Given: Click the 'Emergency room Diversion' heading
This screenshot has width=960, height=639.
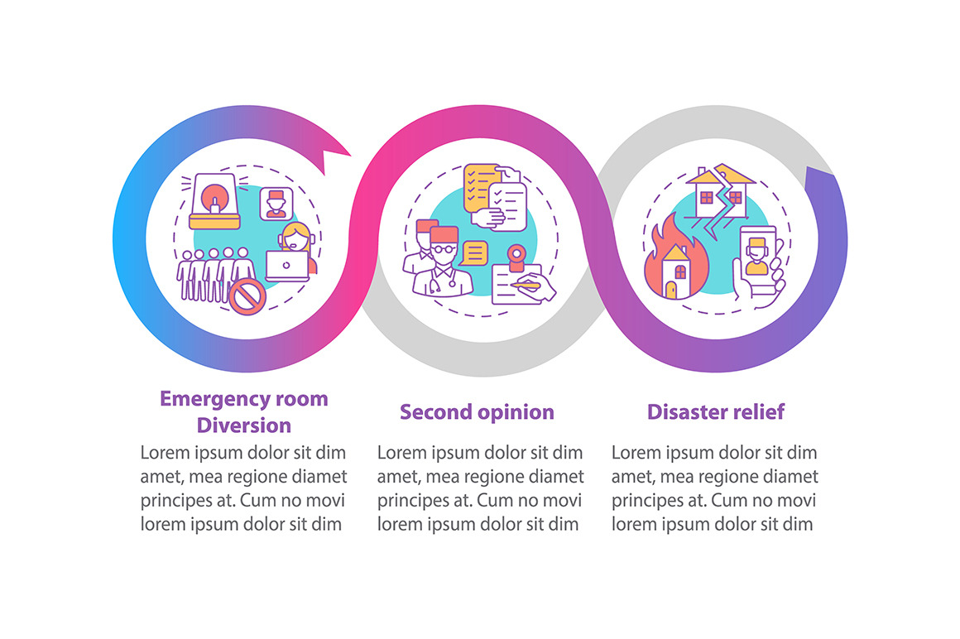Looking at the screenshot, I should [x=244, y=411].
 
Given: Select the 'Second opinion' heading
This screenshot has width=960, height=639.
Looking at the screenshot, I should [x=477, y=411].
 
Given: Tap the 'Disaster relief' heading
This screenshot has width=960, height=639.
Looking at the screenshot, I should [x=715, y=411].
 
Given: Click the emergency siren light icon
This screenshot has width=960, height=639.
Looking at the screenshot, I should [x=214, y=202].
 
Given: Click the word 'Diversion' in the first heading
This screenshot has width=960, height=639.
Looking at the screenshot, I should [x=244, y=425].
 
